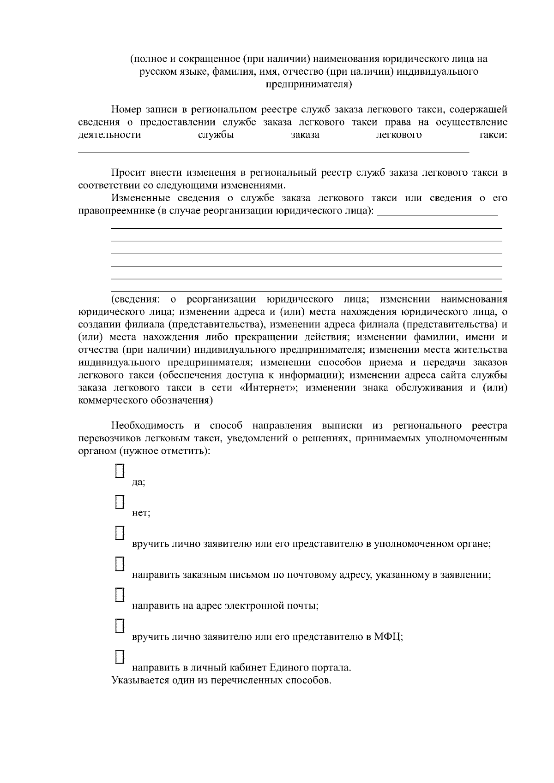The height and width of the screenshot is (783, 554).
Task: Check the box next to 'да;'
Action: coord(120,471)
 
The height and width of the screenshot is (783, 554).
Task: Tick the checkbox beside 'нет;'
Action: coord(120,502)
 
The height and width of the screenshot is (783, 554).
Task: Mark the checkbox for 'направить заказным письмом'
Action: coord(120,564)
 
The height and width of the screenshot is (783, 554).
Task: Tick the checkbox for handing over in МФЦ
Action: coord(120,625)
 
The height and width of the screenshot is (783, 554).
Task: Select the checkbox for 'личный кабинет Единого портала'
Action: coord(120,656)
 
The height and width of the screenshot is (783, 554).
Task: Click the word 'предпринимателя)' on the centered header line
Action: coord(309,84)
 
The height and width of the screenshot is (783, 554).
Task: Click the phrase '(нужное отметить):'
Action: coord(165,451)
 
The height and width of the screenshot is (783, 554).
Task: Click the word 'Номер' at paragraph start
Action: coord(126,110)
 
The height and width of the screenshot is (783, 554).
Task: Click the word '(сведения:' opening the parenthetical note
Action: coord(135,299)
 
